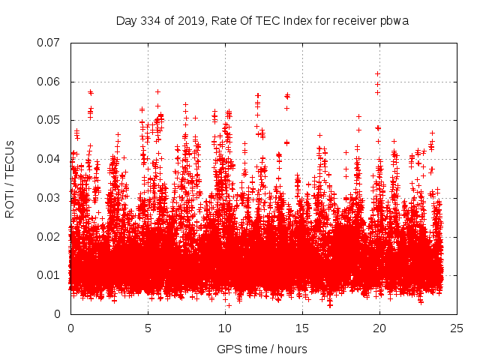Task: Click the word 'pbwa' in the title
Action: [x=394, y=20]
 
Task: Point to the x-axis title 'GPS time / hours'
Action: [x=262, y=349]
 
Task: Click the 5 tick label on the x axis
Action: [x=148, y=328]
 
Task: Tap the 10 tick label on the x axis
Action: [x=225, y=328]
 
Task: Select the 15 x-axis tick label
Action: [x=302, y=328]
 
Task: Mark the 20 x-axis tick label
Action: [x=379, y=328]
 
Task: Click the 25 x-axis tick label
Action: [x=457, y=328]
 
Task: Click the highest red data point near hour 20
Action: [x=377, y=73]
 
